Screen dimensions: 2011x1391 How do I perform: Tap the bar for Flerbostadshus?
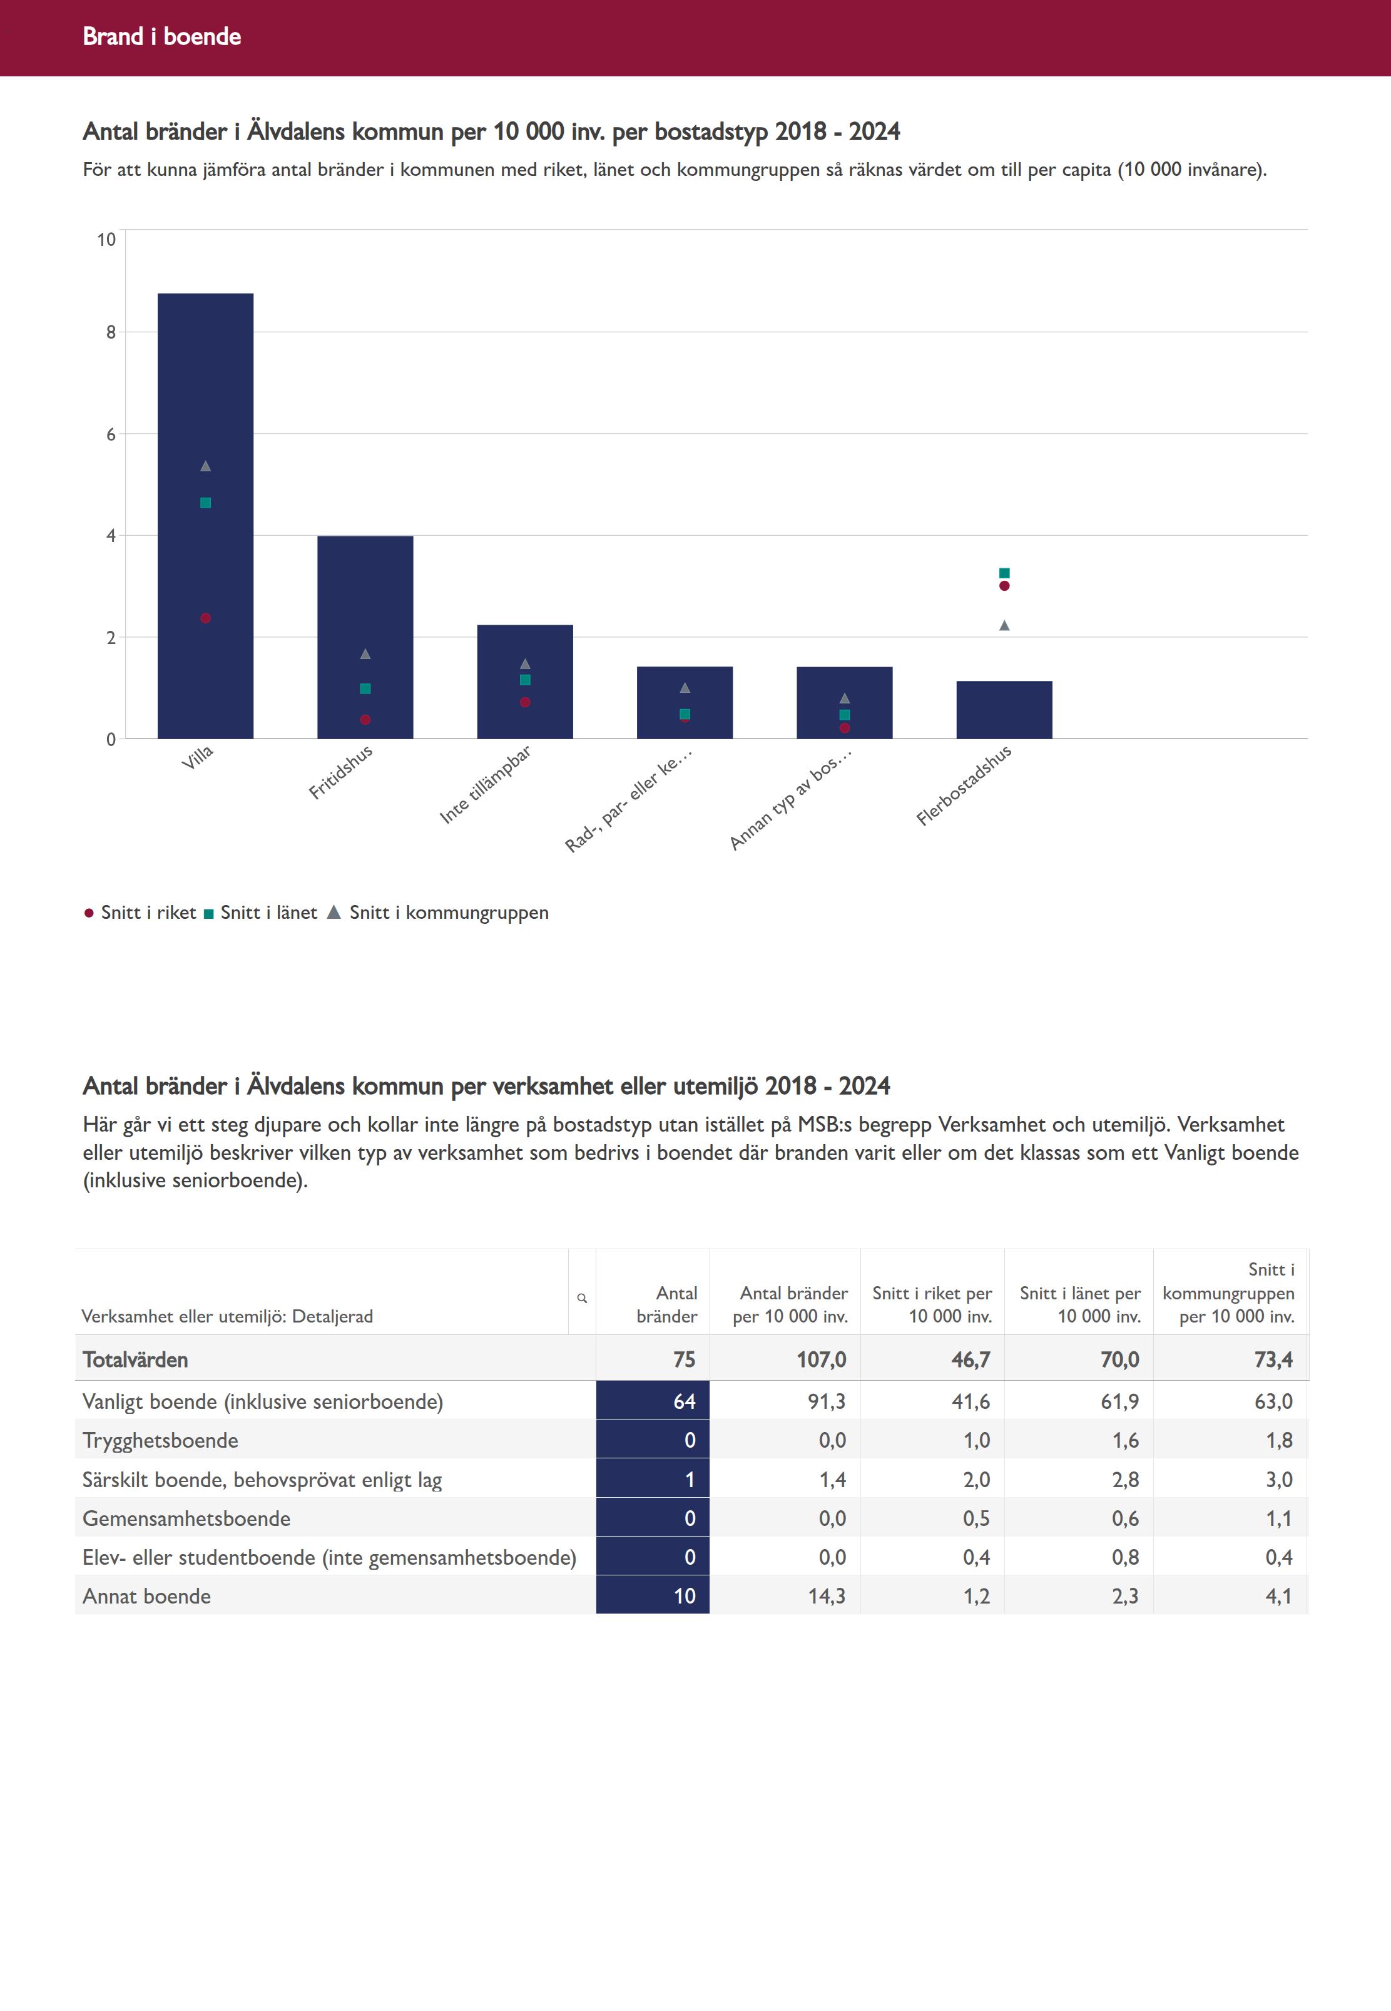[1004, 710]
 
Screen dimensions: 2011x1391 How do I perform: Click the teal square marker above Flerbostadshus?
[1004, 573]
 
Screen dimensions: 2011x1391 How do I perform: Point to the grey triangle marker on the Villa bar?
[206, 466]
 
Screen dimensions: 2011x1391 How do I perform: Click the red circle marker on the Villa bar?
[206, 618]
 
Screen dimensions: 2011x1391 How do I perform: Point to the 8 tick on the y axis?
[111, 332]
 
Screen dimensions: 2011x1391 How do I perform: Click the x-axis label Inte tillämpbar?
[486, 784]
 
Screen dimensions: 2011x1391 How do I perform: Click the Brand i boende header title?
[162, 36]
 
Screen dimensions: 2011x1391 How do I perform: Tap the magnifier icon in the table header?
[582, 1298]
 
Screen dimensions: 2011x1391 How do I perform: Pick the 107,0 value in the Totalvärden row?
[821, 1360]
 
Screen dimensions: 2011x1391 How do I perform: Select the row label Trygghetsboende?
[160, 1441]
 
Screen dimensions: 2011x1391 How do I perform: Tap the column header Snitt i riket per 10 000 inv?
[932, 1305]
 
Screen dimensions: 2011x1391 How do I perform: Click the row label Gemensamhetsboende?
[186, 1518]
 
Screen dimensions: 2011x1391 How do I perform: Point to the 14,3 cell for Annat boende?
[826, 1596]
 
